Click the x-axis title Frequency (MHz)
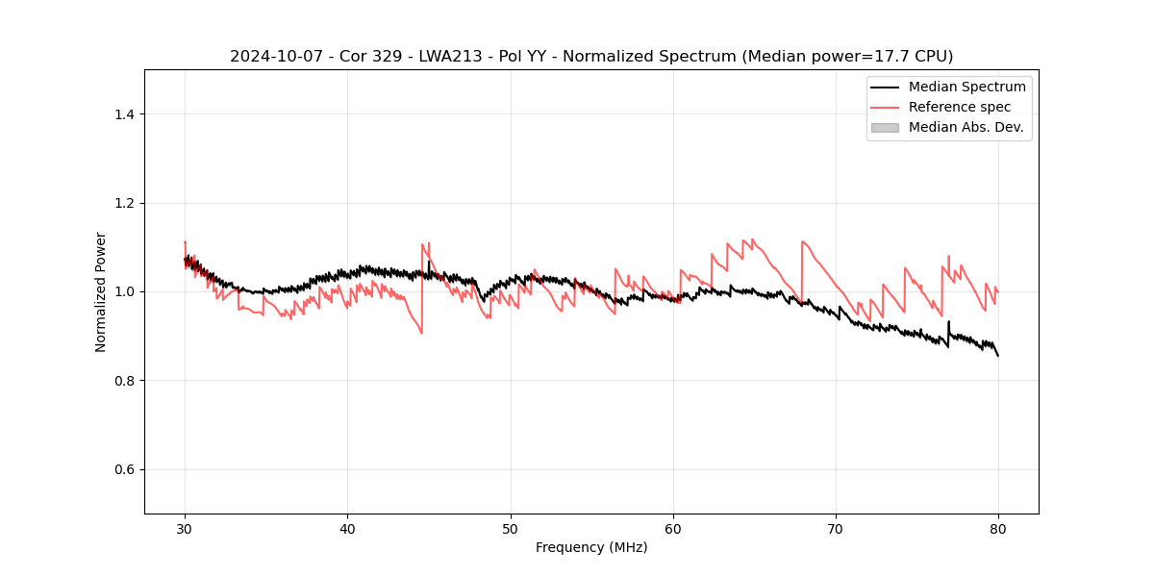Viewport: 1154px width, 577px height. [591, 547]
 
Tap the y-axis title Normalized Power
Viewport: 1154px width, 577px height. [101, 291]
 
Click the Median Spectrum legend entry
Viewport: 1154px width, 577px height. [966, 87]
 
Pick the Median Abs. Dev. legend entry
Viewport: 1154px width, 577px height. [966, 127]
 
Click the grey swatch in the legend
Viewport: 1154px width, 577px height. [885, 127]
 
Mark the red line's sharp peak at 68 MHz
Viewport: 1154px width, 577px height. [802, 241]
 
